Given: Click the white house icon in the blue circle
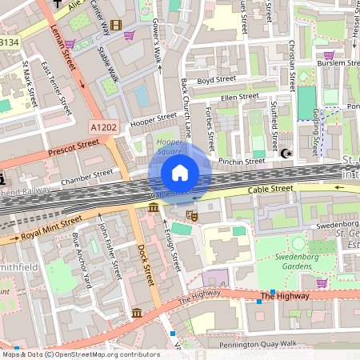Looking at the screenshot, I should [180, 173].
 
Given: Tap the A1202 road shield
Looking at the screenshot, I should [103, 126].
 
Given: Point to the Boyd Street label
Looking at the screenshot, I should [216, 81].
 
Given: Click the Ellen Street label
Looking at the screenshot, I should [240, 97].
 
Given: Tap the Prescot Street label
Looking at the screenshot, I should [74, 146].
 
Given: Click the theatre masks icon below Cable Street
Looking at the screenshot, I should [191, 214].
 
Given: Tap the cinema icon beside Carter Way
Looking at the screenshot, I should [118, 26].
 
